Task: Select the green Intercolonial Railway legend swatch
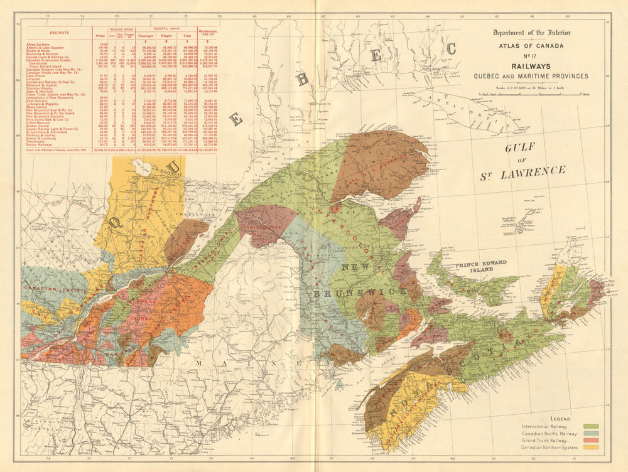(x=590, y=426)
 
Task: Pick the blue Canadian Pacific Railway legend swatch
(x=590, y=434)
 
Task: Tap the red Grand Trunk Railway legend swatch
(x=590, y=441)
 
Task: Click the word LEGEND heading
(x=560, y=419)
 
